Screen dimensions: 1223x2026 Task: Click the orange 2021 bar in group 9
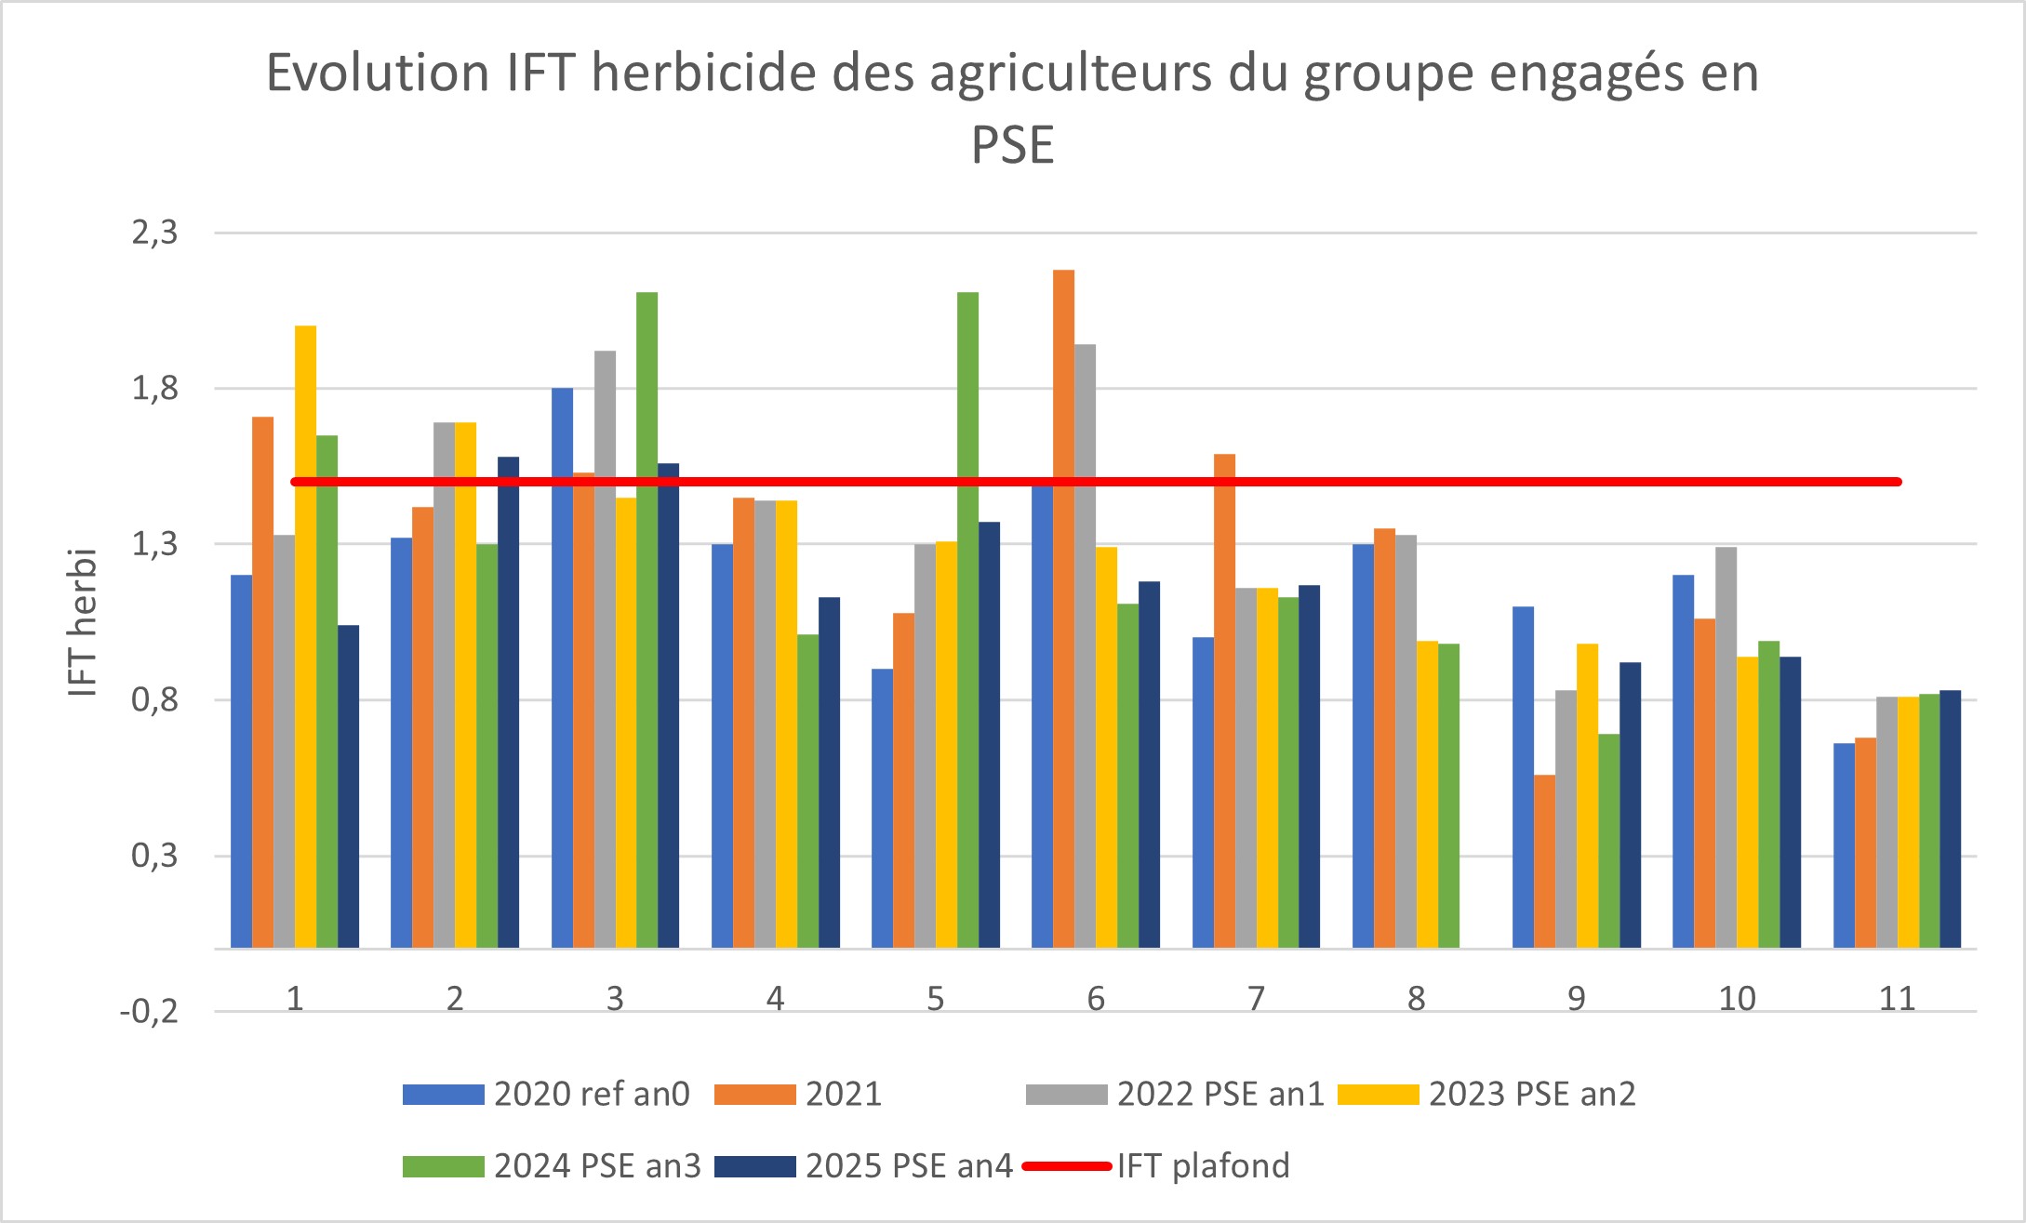[x=1544, y=861]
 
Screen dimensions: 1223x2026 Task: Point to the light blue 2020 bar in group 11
[x=1844, y=845]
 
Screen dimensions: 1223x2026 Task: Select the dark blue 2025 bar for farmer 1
[x=348, y=787]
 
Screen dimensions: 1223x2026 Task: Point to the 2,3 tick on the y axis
[x=154, y=233]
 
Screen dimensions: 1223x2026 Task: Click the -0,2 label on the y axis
[x=149, y=1012]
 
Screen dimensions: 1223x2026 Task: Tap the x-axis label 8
[x=1416, y=999]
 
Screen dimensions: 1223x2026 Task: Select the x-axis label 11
[x=1897, y=999]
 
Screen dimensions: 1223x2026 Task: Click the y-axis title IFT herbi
[x=83, y=622]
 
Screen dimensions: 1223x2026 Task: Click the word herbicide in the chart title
[x=706, y=73]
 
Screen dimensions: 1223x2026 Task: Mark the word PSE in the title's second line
[x=1012, y=146]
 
